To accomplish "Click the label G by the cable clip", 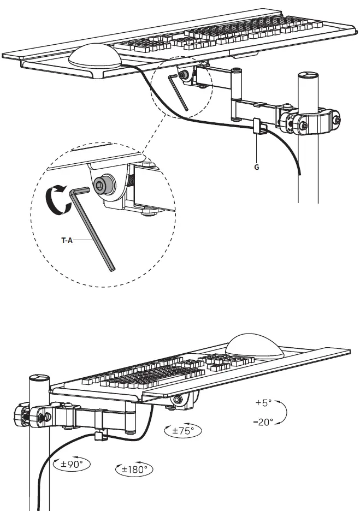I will click(256, 168).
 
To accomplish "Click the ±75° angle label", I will click(183, 430).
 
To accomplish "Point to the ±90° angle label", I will click(72, 465).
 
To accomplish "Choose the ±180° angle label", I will click(134, 469).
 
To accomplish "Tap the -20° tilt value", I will click(265, 422).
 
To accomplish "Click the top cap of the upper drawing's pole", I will click(309, 76).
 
